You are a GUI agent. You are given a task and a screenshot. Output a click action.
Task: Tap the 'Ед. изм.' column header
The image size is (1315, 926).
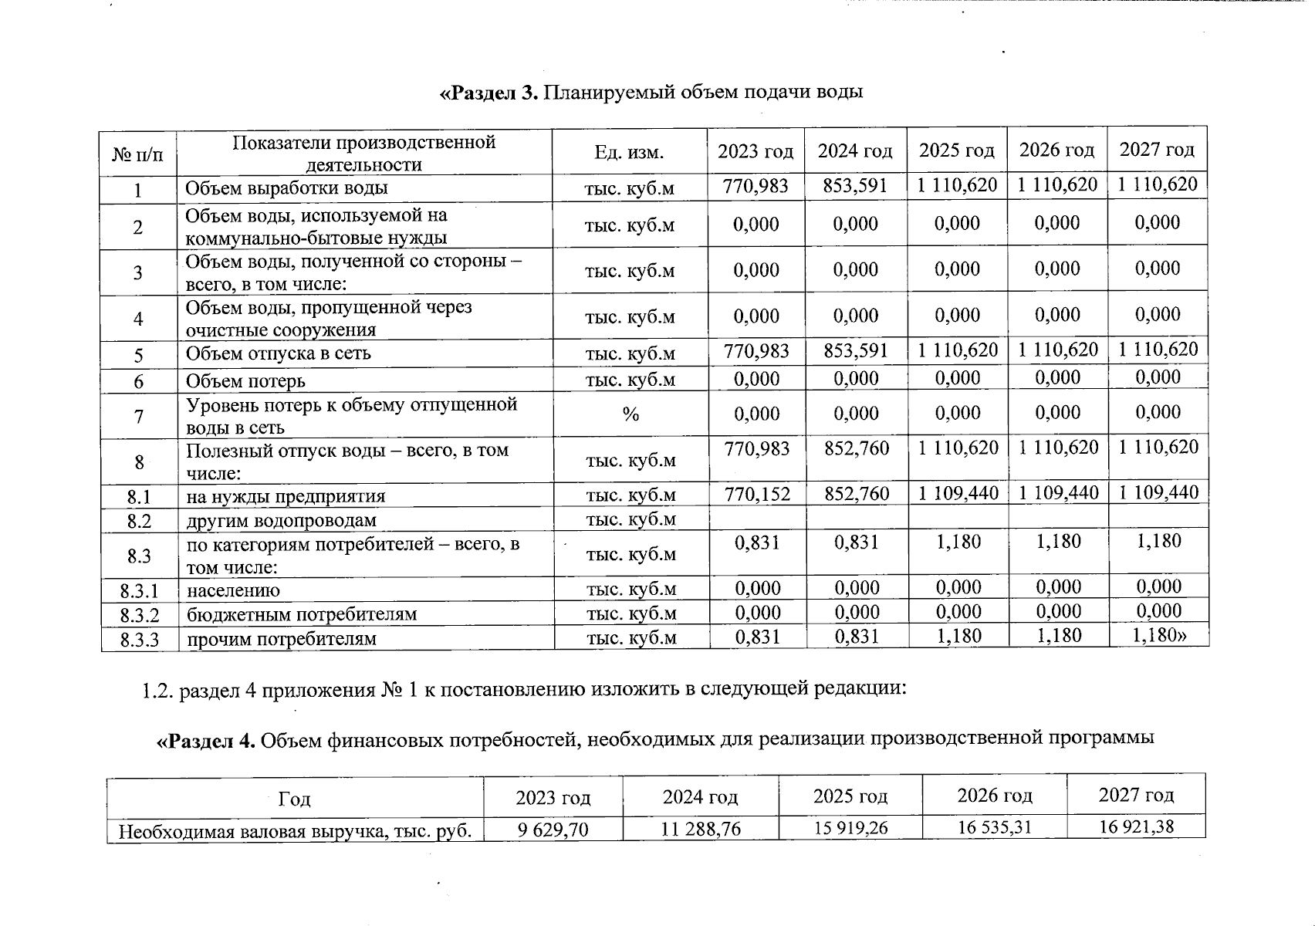(629, 153)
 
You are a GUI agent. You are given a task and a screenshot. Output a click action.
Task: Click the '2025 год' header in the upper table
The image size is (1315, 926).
(956, 150)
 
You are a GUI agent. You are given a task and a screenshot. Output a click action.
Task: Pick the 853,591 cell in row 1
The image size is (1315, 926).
(855, 186)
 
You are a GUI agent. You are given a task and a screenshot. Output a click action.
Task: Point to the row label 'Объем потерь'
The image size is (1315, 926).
(245, 381)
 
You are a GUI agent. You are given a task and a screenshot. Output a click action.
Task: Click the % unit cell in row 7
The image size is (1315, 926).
(630, 415)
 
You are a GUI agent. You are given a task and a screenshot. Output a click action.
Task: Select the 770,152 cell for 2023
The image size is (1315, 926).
(757, 494)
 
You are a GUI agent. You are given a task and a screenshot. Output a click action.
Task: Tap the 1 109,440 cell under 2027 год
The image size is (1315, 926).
(1158, 492)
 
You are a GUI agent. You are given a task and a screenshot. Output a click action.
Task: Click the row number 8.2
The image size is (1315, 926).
(139, 521)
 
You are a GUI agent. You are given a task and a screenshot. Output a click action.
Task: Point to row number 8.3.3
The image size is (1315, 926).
(139, 640)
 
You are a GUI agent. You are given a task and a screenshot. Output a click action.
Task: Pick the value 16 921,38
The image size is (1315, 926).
(1136, 827)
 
